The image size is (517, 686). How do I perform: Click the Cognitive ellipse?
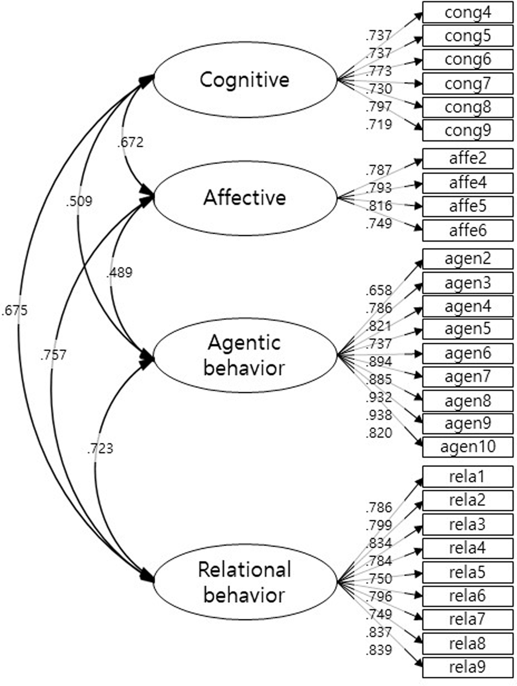click(244, 81)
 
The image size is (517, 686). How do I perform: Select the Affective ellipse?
click(244, 198)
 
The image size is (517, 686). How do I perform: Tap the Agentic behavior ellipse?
click(244, 355)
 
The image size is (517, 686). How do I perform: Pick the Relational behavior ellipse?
click(244, 583)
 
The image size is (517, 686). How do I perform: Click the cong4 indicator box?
click(467, 13)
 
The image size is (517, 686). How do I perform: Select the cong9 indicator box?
click(467, 131)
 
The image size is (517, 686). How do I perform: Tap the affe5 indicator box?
click(467, 207)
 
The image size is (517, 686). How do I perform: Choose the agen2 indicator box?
click(467, 259)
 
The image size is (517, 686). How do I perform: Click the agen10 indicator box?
click(467, 447)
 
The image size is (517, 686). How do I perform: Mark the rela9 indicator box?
click(467, 668)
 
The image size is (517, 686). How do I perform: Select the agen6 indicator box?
click(467, 354)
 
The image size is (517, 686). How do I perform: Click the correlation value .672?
click(130, 143)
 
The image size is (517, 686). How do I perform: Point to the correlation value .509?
click(79, 201)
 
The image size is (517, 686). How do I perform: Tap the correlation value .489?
click(119, 273)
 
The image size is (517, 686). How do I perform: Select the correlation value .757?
click(53, 355)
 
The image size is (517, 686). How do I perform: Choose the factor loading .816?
click(379, 207)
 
